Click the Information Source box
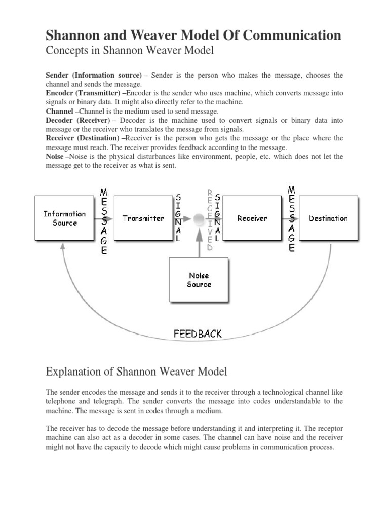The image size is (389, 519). click(64, 218)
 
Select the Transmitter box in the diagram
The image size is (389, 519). click(143, 218)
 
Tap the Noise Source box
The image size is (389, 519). click(199, 280)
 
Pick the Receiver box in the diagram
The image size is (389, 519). click(252, 218)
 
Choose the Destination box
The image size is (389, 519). click(328, 218)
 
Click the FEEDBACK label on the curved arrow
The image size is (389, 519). click(198, 334)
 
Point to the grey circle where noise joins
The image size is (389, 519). click(199, 219)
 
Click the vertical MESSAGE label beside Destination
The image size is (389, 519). click(291, 219)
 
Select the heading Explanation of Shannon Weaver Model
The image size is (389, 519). click(137, 372)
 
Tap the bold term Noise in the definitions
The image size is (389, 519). click(55, 157)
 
